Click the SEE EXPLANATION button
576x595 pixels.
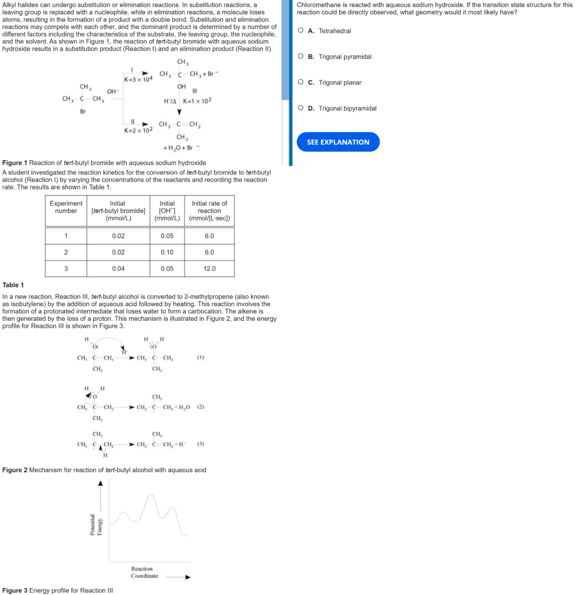[338, 142]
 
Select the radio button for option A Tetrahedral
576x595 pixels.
[301, 31]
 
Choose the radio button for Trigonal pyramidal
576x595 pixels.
[301, 57]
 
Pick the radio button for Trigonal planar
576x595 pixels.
[301, 82]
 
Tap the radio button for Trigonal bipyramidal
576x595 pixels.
[301, 108]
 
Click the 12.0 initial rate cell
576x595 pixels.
[209, 269]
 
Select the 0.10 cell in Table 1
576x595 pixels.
[167, 252]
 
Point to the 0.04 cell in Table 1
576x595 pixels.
[118, 269]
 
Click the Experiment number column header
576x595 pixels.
[66, 207]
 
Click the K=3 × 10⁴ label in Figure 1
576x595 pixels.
[138, 80]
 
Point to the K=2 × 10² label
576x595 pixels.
[138, 130]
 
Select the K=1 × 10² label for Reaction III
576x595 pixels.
[197, 101]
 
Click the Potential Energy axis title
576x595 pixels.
[96, 525]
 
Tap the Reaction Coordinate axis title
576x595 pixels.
[144, 572]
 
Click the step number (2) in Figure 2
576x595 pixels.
[200, 407]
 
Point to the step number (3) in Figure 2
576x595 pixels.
[200, 444]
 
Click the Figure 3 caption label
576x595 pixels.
[15, 590]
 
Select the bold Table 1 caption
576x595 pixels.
[13, 285]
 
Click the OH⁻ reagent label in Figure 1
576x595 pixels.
[112, 92]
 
